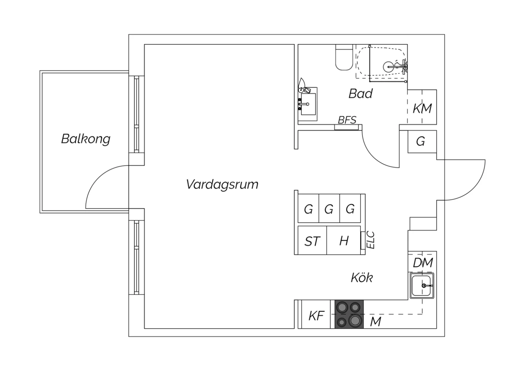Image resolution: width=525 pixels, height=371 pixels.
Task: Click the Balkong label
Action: [x=86, y=139]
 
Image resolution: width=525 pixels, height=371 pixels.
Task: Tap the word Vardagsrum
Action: [x=222, y=184]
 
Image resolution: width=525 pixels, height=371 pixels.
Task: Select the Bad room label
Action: [x=360, y=94]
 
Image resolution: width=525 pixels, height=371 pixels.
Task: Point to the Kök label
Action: [x=362, y=278]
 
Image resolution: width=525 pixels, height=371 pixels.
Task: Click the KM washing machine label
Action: [x=422, y=108]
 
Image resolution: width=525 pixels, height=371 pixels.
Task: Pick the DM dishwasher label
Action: [x=423, y=263]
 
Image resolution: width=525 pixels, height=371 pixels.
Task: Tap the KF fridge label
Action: [x=316, y=316]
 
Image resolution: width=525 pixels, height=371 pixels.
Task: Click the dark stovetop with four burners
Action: [x=349, y=314]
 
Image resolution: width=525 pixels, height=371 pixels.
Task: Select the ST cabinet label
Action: [x=312, y=241]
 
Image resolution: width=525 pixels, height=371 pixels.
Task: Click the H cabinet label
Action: [x=344, y=241]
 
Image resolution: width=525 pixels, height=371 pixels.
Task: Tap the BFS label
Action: [x=347, y=120]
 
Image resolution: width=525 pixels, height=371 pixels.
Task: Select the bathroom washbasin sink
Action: [x=308, y=104]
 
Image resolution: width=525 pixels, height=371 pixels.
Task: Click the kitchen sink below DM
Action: [x=422, y=286]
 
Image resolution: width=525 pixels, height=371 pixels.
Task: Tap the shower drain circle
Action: [x=390, y=66]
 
